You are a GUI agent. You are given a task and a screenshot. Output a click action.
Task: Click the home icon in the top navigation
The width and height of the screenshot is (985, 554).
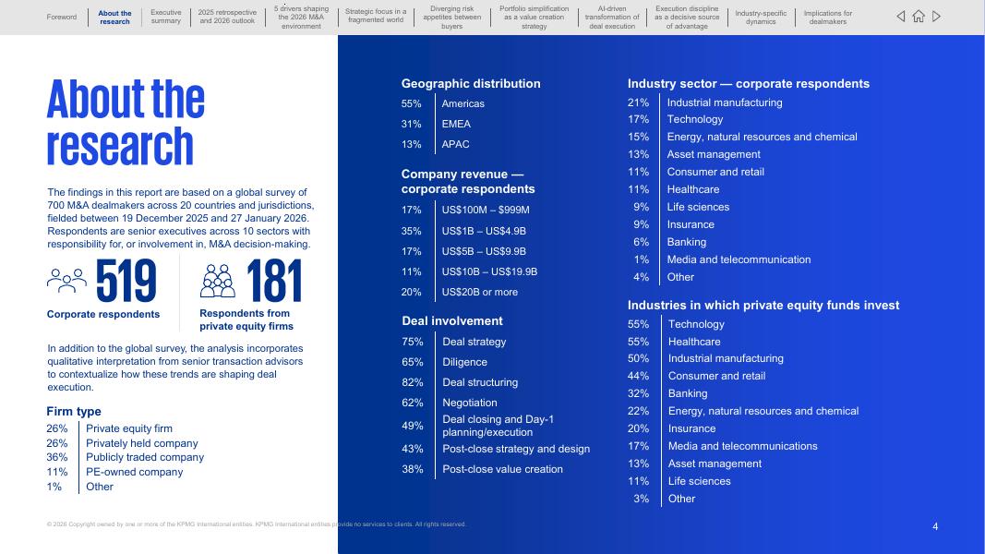tap(919, 17)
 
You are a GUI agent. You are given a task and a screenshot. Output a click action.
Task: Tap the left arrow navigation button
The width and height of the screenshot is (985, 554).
tap(901, 17)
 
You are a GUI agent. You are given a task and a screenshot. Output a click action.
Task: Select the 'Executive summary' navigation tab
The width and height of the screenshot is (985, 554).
tap(166, 17)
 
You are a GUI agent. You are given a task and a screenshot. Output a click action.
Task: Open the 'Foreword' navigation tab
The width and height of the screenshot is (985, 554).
tap(62, 17)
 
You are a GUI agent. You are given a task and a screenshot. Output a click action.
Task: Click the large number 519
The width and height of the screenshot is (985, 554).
tap(126, 283)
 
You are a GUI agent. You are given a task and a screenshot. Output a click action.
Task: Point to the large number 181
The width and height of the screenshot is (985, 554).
tap(274, 283)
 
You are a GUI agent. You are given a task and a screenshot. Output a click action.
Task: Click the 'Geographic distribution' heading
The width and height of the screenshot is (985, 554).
tap(471, 83)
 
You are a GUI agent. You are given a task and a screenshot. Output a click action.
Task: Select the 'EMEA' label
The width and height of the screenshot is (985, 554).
tap(456, 124)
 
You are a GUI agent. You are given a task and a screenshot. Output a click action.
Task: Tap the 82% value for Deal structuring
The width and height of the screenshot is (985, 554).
tap(413, 382)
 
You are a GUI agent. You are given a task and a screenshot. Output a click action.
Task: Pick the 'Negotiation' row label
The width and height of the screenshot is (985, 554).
tap(469, 403)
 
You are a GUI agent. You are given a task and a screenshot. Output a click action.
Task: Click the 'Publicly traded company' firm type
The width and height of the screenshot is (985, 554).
tap(145, 457)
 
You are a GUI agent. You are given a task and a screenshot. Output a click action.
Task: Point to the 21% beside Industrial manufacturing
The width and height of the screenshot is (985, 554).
tap(638, 102)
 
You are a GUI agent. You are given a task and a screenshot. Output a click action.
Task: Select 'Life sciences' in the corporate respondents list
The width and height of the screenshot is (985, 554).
tap(698, 207)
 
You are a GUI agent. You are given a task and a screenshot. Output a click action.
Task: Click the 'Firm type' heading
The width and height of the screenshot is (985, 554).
tap(74, 412)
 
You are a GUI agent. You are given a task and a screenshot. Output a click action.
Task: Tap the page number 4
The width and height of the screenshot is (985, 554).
tap(935, 526)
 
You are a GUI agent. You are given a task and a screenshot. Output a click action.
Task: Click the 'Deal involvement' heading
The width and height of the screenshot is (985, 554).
tap(452, 321)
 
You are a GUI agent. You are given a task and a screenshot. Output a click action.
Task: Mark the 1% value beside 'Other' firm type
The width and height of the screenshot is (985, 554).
tap(54, 487)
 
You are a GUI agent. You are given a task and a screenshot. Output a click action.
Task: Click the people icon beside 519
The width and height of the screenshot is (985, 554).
tap(66, 280)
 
